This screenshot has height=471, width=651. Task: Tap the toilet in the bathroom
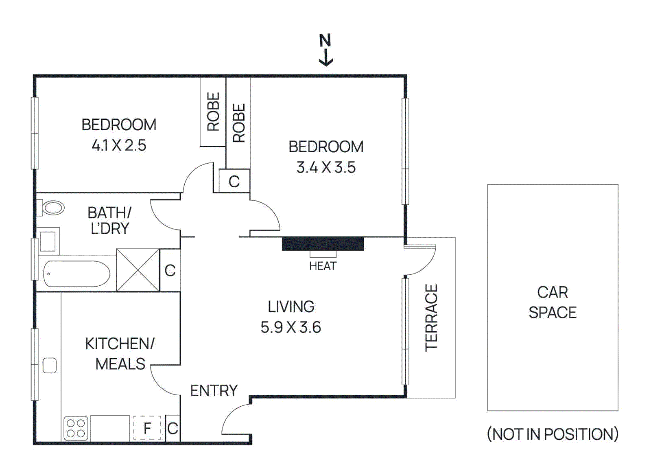[53, 208]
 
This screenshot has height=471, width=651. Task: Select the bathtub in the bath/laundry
[76, 274]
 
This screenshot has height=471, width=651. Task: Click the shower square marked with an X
[138, 270]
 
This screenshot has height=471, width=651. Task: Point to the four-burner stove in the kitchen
[76, 428]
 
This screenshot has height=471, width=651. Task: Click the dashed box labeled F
[147, 428]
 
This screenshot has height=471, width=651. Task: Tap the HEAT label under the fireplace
[323, 266]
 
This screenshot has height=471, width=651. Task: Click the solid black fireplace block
[323, 243]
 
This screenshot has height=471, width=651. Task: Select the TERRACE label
[431, 318]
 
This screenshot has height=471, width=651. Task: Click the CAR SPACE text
[552, 302]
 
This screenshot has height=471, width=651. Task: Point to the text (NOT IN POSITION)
[552, 434]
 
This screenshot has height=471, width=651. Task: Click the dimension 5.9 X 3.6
[291, 327]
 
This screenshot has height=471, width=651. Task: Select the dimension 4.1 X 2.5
[119, 145]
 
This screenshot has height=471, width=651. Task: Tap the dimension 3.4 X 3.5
[326, 167]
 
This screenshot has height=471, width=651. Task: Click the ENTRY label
[214, 390]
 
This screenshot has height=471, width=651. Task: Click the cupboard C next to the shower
[170, 270]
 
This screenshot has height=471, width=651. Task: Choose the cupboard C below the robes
[234, 181]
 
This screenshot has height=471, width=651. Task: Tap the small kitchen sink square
[50, 365]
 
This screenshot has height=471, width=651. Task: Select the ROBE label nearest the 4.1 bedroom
[213, 112]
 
